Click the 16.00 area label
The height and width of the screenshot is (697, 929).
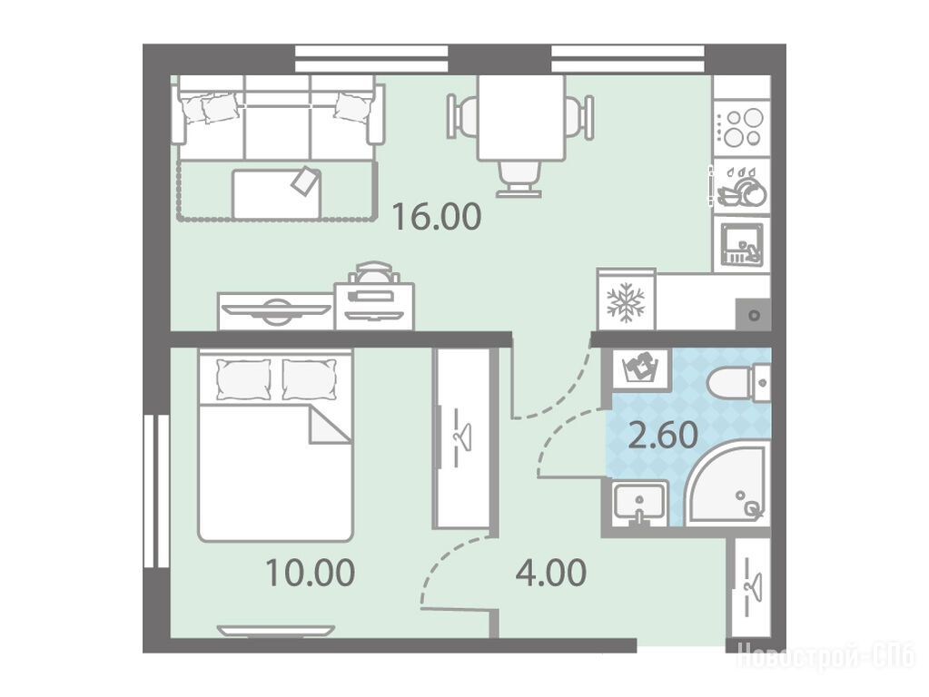tap(437, 217)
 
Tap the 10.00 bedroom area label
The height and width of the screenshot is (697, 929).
tap(310, 573)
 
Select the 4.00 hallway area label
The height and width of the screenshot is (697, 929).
tap(551, 573)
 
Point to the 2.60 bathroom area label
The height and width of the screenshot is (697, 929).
tap(662, 436)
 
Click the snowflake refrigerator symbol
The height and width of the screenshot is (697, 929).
tap(626, 302)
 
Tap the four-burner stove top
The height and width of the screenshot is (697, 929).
tap(742, 129)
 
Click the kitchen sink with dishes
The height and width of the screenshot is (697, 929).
tap(741, 244)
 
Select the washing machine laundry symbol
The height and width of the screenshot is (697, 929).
tap(641, 369)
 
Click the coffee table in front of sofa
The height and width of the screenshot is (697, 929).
tap(277, 193)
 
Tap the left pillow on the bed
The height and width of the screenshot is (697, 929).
tap(243, 379)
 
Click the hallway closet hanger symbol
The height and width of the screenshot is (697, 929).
tap(751, 586)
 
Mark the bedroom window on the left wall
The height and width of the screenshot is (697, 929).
tap(156, 491)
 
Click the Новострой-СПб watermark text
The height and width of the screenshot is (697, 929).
tap(825, 657)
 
